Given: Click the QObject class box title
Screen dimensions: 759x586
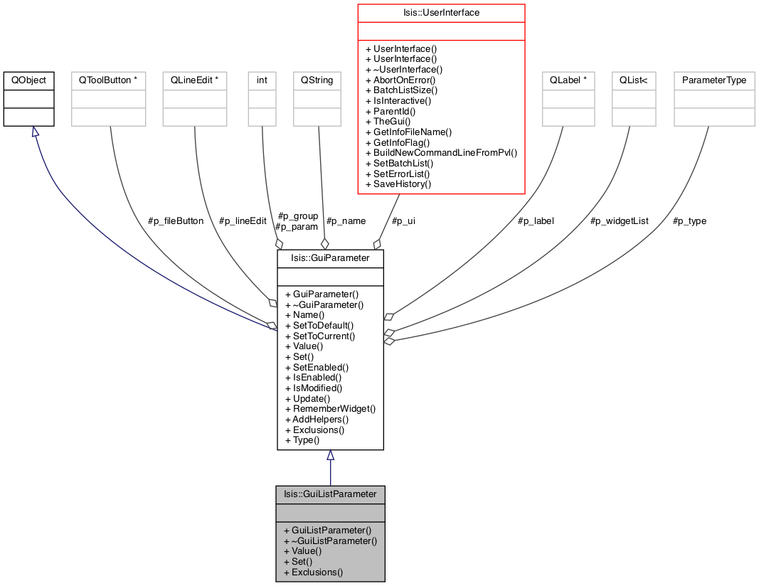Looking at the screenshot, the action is [x=28, y=80].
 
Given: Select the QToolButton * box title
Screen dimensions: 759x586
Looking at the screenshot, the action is [x=108, y=80].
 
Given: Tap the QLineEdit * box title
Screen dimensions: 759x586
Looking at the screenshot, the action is [x=195, y=80].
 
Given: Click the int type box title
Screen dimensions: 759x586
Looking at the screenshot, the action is [x=262, y=80].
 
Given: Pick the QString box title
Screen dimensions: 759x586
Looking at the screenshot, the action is [x=317, y=80].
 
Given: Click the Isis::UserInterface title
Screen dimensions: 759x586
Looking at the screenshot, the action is [x=442, y=13].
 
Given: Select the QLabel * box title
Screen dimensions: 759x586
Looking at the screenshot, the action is [x=568, y=80].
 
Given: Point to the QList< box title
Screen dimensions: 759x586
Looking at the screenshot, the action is [x=634, y=80].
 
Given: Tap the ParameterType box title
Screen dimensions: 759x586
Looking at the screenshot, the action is [x=714, y=80].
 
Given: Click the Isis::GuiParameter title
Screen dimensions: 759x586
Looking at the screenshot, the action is [x=330, y=258].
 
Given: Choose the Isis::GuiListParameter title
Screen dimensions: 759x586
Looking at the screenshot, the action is [x=330, y=494].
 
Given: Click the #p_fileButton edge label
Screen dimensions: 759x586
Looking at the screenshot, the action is [x=176, y=221].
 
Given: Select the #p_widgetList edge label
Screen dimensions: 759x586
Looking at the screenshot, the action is [x=619, y=221].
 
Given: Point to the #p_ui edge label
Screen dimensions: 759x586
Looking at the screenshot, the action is [x=403, y=221].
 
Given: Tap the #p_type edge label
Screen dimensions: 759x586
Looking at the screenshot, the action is [x=689, y=221].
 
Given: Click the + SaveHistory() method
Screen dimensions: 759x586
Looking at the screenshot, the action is [x=398, y=184].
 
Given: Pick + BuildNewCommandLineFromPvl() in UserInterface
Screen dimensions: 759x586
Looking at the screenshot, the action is [x=442, y=153].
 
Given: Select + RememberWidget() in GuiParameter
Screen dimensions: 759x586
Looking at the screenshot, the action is [x=331, y=409].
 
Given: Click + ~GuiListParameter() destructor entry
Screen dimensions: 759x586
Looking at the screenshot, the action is [x=331, y=541].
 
